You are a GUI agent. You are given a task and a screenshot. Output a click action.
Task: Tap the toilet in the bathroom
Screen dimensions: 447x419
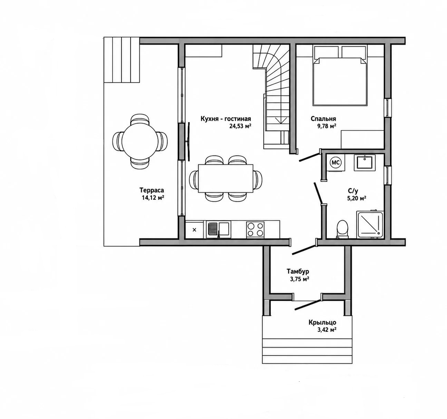pos(342,229)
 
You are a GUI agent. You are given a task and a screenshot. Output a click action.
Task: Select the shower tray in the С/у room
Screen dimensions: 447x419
pos(370,224)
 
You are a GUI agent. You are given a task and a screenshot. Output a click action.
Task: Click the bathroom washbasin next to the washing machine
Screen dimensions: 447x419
pos(365,163)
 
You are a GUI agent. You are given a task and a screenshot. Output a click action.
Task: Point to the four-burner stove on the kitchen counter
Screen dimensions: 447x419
pos(255,230)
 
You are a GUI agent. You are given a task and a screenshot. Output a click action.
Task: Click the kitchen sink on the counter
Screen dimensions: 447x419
pos(218,229)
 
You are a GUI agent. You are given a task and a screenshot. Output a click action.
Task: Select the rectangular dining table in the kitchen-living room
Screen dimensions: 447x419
pos(225,178)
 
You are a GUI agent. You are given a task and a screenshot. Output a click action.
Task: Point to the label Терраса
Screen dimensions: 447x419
pos(152,190)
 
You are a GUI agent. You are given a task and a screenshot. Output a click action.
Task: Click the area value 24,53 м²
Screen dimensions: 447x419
pos(240,126)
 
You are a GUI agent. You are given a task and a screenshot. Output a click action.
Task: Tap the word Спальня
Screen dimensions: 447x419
pos(323,119)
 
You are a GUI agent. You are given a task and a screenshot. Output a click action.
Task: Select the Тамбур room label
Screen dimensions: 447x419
pos(298,271)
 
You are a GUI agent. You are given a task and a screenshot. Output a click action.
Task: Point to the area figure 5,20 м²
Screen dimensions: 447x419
pos(357,198)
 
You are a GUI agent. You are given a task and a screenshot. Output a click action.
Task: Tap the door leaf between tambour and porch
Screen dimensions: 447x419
pos(308,305)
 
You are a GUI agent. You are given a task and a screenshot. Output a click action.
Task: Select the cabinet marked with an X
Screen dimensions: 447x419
pos(194,230)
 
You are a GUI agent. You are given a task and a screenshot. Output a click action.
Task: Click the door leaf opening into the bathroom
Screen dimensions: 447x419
pos(319,193)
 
